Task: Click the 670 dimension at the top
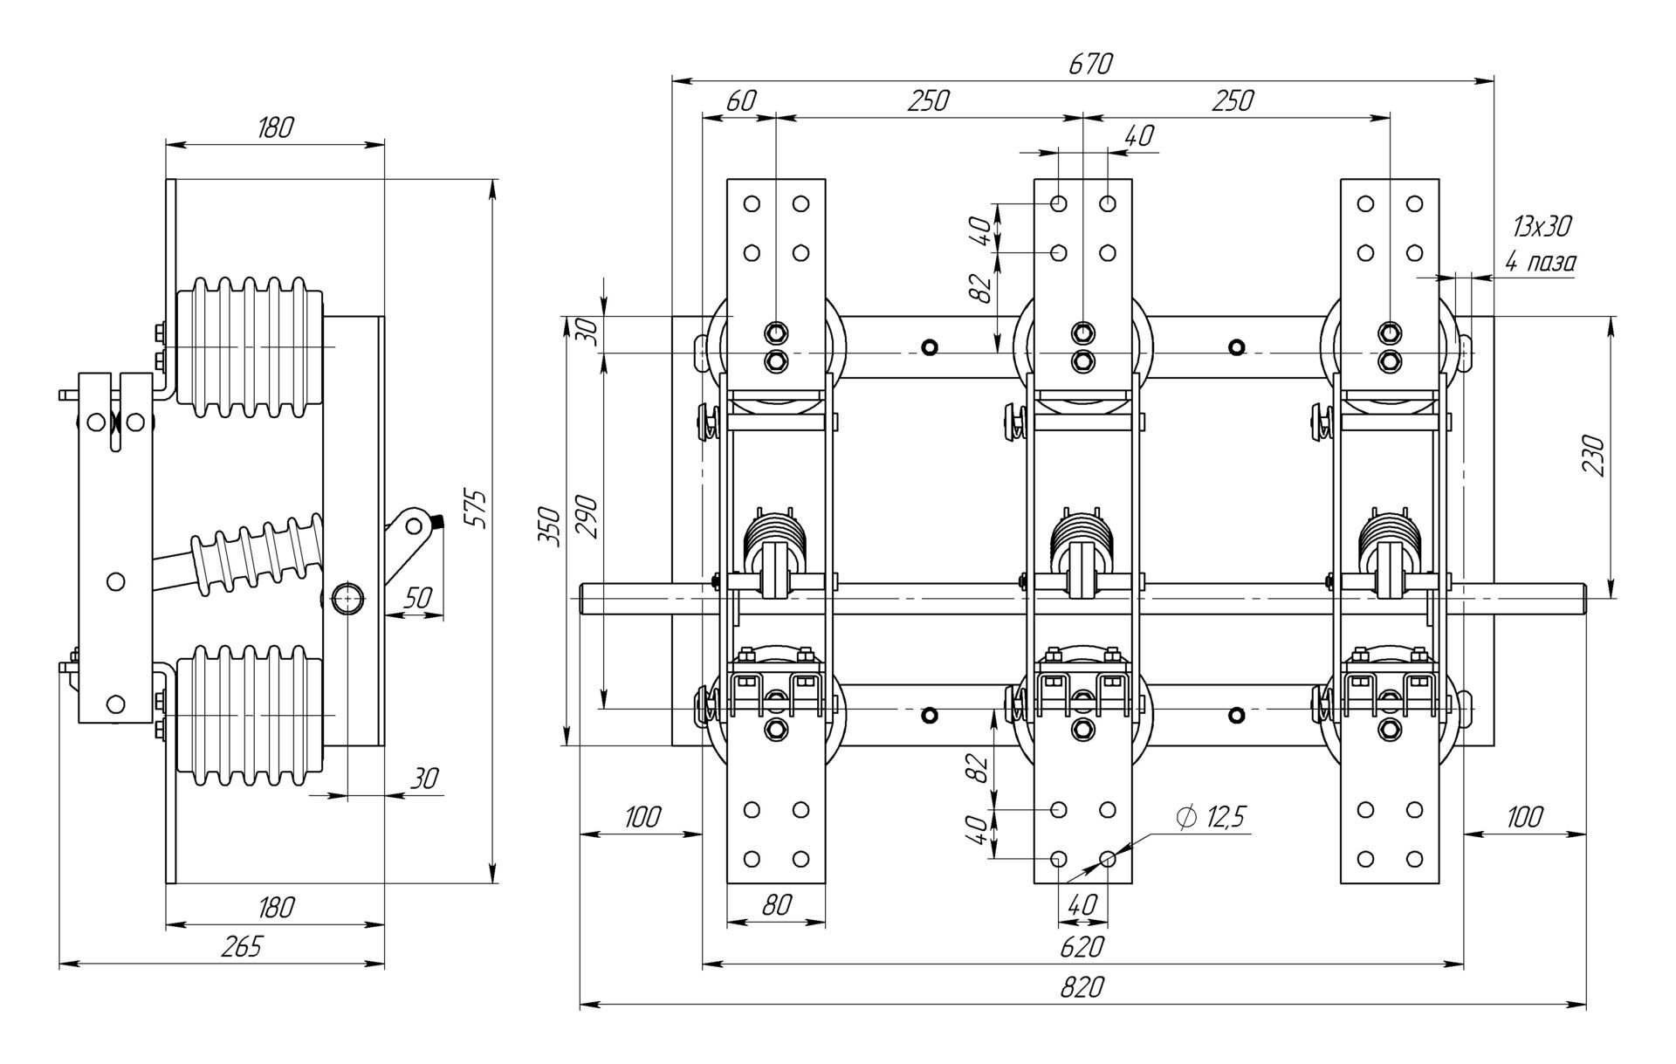1090,65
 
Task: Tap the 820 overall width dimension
1082,987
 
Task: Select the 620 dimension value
1082,946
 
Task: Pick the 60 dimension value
740,101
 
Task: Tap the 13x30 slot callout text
1542,227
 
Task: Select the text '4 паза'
1541,261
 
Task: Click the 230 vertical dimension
1593,455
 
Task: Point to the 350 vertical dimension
548,525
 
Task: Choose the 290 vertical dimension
587,517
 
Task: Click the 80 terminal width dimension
775,905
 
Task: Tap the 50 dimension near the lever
418,598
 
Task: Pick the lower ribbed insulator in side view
250,714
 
